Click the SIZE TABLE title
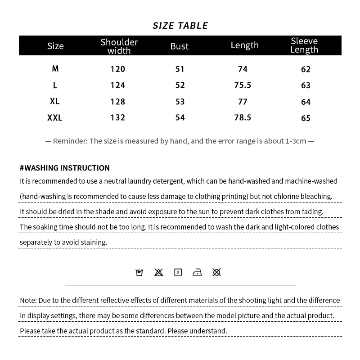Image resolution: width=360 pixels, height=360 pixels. coord(180,26)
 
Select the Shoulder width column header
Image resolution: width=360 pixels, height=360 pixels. coord(119,46)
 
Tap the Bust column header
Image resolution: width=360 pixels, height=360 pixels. coord(179,46)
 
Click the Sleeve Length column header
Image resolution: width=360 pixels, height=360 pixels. coord(304,45)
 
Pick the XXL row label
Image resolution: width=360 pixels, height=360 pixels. coord(55,118)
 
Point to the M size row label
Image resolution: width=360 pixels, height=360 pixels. coord(55,69)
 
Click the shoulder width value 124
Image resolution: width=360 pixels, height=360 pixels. coord(118,85)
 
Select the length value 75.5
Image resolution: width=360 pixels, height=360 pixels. coord(243,85)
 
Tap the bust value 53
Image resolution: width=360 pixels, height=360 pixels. coord(180,102)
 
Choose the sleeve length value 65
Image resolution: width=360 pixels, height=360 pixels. coord(306,118)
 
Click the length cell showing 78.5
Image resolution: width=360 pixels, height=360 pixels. coord(243,118)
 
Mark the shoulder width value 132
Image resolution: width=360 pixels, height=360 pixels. coord(118,118)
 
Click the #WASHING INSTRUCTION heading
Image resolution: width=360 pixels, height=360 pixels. coord(65,168)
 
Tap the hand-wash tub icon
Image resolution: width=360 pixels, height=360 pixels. coord(139,272)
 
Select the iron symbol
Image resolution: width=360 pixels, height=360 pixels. coord(197,272)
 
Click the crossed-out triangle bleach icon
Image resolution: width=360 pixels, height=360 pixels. coord(158,272)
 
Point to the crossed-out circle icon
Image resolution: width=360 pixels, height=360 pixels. coord(216,272)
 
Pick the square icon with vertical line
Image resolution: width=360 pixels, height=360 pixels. coord(178,272)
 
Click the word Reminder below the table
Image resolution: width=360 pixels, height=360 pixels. coord(70,141)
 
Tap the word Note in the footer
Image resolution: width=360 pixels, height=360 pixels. coord(28,300)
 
